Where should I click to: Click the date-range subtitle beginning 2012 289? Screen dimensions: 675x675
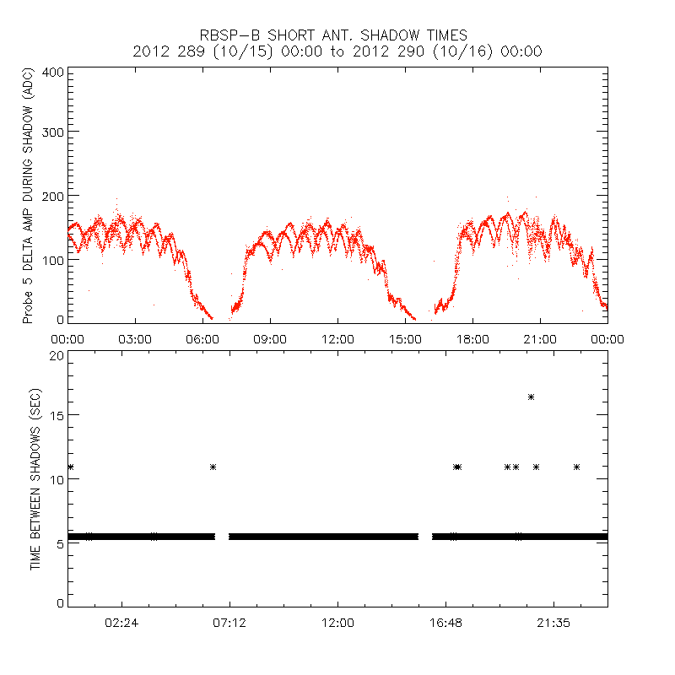pyautogui.click(x=337, y=51)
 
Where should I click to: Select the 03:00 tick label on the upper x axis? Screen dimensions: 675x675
pyautogui.click(x=135, y=338)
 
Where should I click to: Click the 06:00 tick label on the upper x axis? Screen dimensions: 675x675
pyautogui.click(x=202, y=338)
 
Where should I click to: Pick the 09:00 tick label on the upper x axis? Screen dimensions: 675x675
pyautogui.click(x=270, y=338)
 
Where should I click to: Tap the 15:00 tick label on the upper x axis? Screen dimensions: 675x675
pyautogui.click(x=405, y=338)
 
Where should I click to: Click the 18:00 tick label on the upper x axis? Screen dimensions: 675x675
pyautogui.click(x=472, y=338)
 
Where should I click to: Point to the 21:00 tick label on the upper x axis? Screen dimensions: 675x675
pyautogui.click(x=540, y=338)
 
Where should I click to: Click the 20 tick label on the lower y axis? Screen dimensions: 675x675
pyautogui.click(x=56, y=355)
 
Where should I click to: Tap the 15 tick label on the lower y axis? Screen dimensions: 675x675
pyautogui.click(x=56, y=415)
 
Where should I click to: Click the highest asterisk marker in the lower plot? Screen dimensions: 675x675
pyautogui.click(x=531, y=397)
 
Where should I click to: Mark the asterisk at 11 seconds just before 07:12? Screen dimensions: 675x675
pyautogui.click(x=213, y=467)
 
